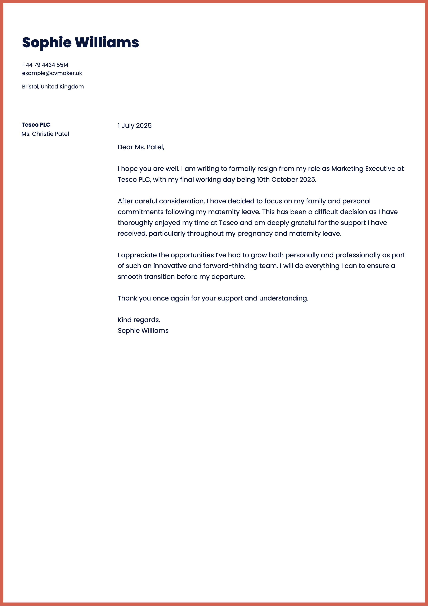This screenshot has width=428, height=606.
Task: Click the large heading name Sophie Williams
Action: pyautogui.click(x=80, y=43)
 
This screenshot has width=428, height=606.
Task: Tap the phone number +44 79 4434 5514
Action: pyautogui.click(x=45, y=65)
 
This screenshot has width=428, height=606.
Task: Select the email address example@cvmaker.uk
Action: pyautogui.click(x=52, y=73)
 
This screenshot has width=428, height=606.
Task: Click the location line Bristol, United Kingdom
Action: pyautogui.click(x=53, y=87)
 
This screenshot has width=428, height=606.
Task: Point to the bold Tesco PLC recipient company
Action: pyautogui.click(x=36, y=125)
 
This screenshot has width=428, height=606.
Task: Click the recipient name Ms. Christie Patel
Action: pyautogui.click(x=45, y=134)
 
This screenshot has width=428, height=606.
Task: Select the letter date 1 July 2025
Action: pyautogui.click(x=135, y=126)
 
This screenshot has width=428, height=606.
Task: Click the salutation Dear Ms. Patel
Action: pyautogui.click(x=141, y=147)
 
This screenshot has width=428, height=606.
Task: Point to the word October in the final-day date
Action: pyautogui.click(x=284, y=180)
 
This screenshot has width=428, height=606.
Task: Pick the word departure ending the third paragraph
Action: pyautogui.click(x=228, y=277)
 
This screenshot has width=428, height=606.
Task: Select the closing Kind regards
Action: pyautogui.click(x=139, y=320)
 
